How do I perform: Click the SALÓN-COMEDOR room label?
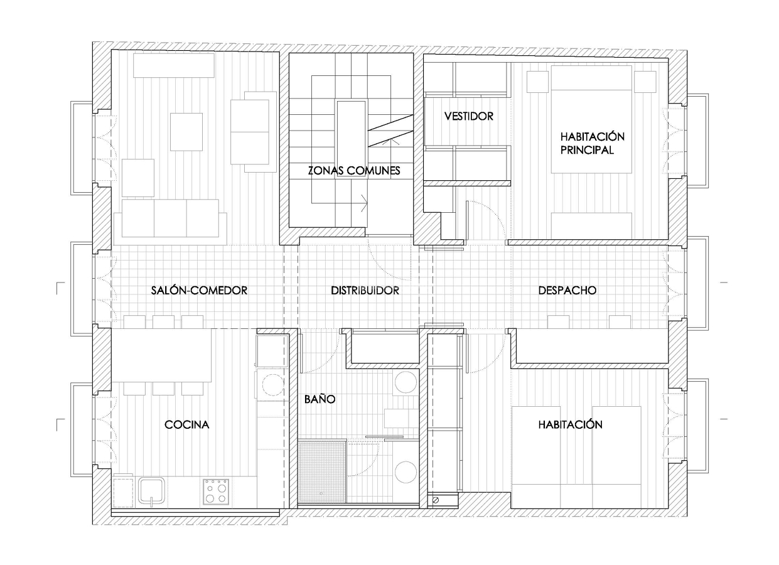(199, 291)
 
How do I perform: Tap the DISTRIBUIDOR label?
(365, 291)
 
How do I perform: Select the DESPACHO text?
(567, 291)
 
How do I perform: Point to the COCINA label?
(186, 425)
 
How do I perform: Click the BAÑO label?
(320, 399)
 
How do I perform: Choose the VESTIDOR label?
(468, 116)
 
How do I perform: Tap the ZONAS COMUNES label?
(353, 170)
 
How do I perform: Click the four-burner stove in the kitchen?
(215, 492)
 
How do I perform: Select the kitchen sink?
(152, 490)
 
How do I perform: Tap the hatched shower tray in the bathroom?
(322, 471)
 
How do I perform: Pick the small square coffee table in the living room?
(186, 132)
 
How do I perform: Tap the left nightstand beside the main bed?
(537, 82)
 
